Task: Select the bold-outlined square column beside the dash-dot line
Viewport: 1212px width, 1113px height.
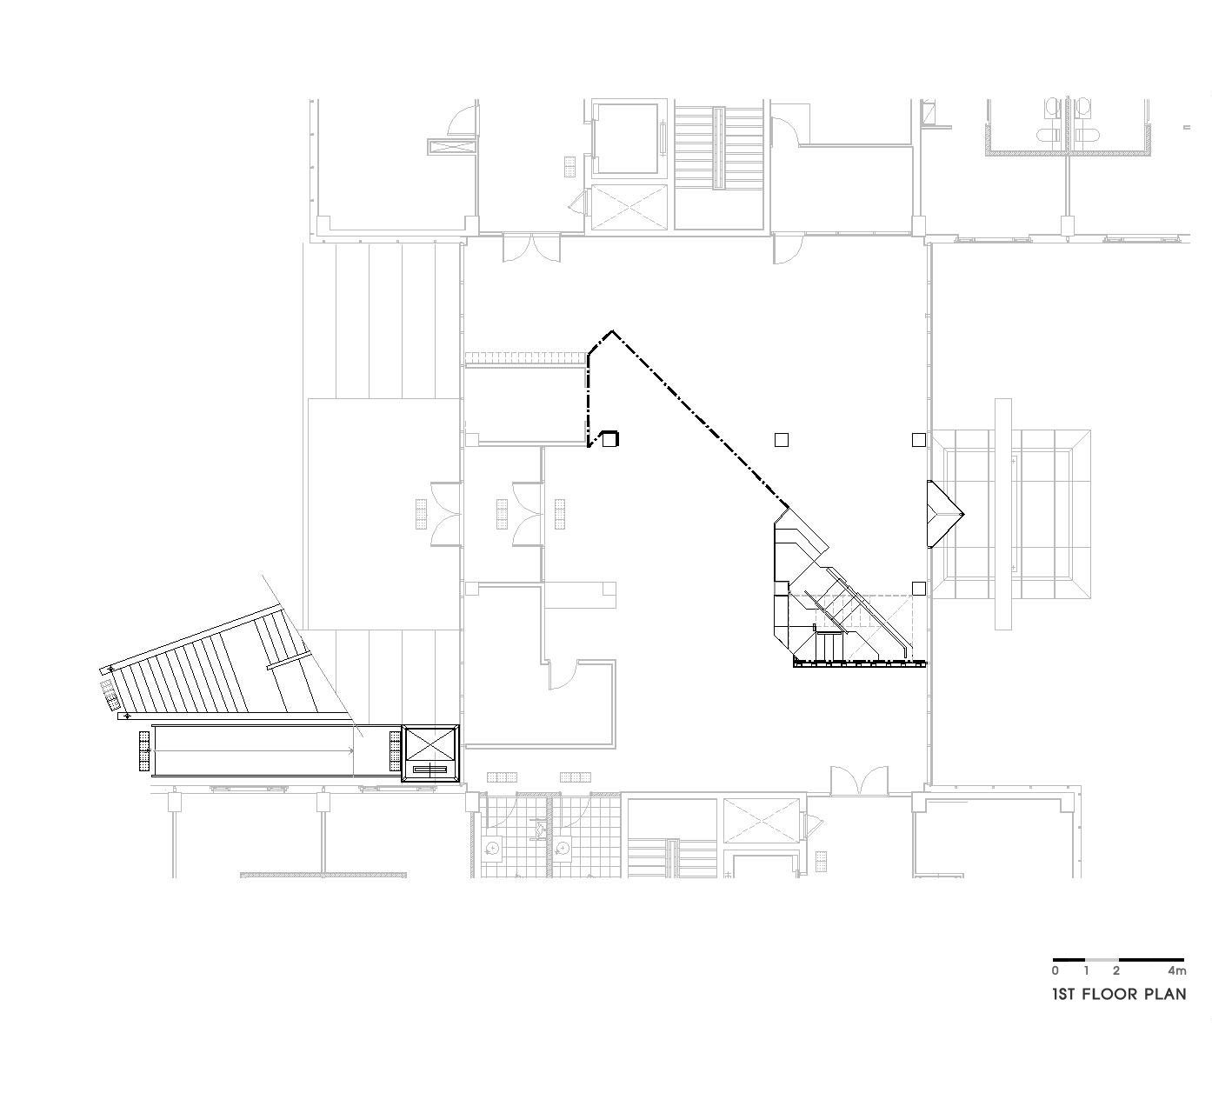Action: tap(610, 438)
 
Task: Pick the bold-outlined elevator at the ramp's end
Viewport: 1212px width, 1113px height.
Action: tap(430, 754)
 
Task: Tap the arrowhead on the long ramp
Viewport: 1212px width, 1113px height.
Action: tap(351, 751)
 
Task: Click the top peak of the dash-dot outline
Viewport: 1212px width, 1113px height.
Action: tap(613, 331)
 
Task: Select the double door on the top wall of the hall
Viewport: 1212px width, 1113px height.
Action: tap(532, 248)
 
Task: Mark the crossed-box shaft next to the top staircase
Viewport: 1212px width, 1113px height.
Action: tap(629, 207)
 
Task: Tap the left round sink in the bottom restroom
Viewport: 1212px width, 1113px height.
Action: tap(494, 849)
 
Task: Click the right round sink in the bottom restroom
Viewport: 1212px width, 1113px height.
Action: tap(562, 849)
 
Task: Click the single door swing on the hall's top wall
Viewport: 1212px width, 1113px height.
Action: tap(788, 249)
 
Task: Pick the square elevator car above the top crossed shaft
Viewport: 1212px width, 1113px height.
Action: tap(628, 138)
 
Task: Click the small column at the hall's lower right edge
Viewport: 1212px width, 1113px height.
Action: tap(918, 588)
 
